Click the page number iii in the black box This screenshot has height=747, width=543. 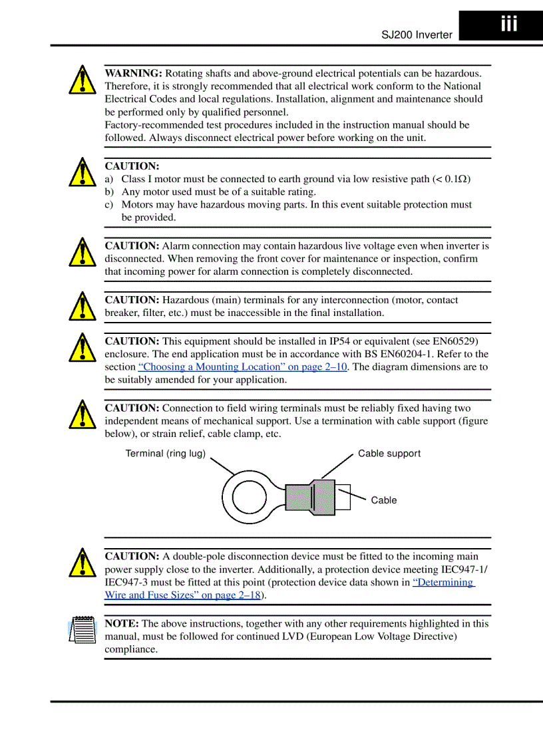(x=508, y=25)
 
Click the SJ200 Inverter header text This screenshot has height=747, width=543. (x=417, y=35)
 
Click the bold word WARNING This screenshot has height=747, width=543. (x=133, y=73)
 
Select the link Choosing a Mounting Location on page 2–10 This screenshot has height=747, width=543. (x=242, y=367)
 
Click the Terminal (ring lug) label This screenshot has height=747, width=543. (x=166, y=454)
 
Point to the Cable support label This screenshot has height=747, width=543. (x=389, y=454)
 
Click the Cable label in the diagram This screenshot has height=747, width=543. (x=383, y=500)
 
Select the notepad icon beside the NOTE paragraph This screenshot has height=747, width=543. (x=81, y=629)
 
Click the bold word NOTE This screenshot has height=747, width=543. (x=122, y=624)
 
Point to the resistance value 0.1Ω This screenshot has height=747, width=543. (x=455, y=179)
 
